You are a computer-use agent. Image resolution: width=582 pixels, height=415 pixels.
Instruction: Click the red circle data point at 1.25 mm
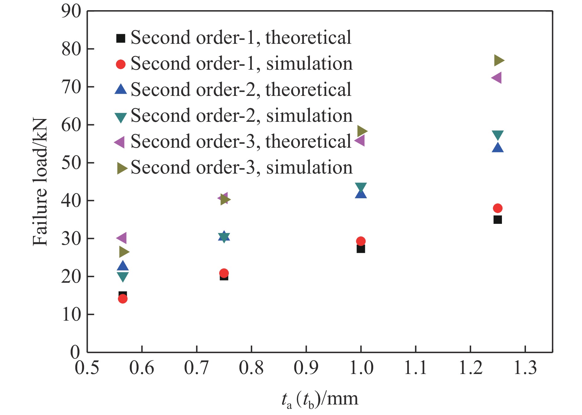pyautogui.click(x=497, y=208)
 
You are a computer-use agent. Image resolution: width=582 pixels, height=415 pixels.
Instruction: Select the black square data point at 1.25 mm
pyautogui.click(x=498, y=220)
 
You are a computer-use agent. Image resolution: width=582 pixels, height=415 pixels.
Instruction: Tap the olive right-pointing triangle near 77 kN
pyautogui.click(x=499, y=60)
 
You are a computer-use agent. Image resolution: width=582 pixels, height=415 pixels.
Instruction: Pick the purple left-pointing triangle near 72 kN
pyautogui.click(x=497, y=78)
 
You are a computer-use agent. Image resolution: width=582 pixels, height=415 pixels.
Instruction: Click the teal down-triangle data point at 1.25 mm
pyautogui.click(x=498, y=135)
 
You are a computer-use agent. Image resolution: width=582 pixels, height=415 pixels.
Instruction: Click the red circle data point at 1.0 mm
pyautogui.click(x=361, y=241)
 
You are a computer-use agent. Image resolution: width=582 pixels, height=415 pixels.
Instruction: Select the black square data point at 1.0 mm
pyautogui.click(x=361, y=249)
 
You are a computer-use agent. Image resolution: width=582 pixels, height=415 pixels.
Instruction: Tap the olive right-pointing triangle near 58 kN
pyautogui.click(x=362, y=131)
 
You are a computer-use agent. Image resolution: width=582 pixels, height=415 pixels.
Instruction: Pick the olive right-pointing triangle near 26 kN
pyautogui.click(x=124, y=252)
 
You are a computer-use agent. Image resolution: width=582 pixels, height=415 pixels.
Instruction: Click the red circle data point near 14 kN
pyautogui.click(x=123, y=299)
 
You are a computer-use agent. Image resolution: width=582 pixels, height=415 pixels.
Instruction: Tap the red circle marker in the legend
pyautogui.click(x=121, y=64)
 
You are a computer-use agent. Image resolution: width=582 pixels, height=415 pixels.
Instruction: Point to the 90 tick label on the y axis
pyautogui.click(x=71, y=11)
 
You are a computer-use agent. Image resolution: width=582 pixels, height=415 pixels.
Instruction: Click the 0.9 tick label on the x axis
pyautogui.click(x=306, y=368)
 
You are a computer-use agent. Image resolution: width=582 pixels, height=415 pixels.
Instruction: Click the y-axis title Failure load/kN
pyautogui.click(x=40, y=182)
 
